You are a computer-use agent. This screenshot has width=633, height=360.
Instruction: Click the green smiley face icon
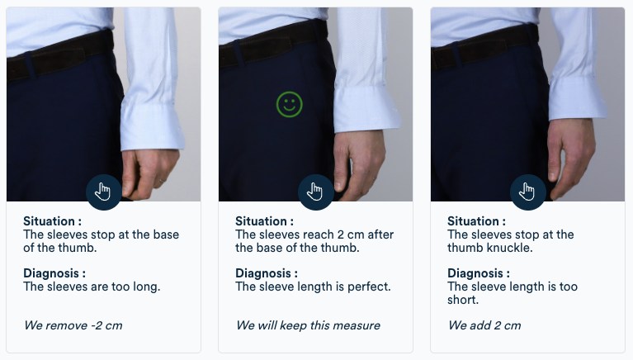click(x=290, y=104)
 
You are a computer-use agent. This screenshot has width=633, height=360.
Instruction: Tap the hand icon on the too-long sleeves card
click(x=103, y=192)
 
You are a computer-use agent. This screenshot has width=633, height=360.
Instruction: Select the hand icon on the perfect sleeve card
click(x=315, y=192)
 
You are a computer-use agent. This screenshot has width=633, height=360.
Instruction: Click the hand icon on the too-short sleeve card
click(x=527, y=192)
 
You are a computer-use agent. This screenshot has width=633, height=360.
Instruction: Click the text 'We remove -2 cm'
click(x=73, y=325)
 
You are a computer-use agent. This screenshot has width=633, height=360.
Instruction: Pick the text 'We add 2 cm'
click(x=484, y=325)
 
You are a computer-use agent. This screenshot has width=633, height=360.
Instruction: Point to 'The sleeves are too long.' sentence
click(x=92, y=287)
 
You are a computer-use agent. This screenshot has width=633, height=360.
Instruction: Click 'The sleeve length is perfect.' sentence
click(x=313, y=287)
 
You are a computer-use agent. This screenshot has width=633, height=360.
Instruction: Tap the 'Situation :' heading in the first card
click(x=53, y=221)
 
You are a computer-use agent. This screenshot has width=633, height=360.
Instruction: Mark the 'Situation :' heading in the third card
click(x=477, y=221)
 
